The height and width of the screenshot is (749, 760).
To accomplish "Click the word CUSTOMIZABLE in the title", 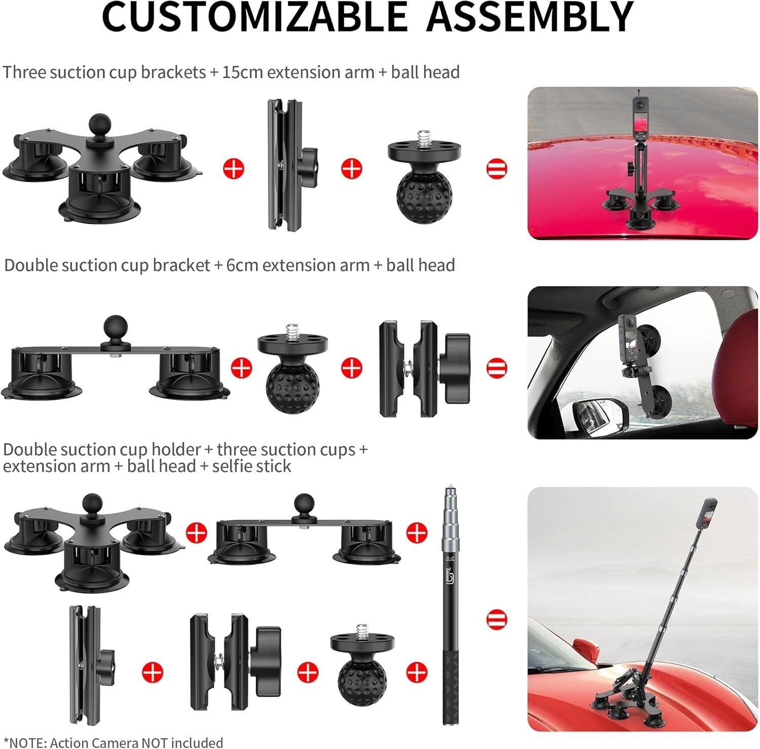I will (254, 17).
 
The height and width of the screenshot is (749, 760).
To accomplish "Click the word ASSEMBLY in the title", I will (529, 17).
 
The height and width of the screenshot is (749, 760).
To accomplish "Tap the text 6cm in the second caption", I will (242, 265).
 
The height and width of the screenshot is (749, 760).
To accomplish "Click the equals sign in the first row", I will (497, 169).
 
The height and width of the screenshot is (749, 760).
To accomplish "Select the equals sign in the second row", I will (497, 368).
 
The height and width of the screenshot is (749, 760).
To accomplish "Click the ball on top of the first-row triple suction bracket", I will (100, 124).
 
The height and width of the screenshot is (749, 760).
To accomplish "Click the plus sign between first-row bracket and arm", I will (234, 169).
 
